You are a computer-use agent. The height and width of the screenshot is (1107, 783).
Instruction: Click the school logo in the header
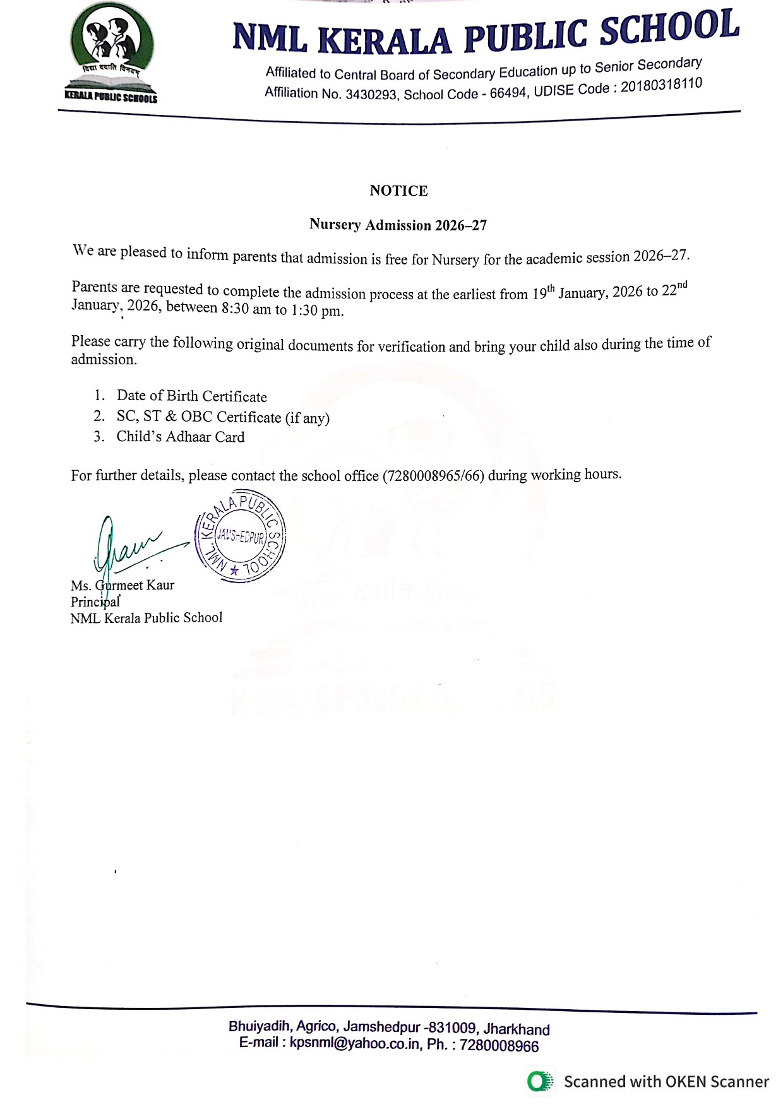click(x=112, y=54)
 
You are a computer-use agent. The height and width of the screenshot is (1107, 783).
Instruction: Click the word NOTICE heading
click(x=398, y=191)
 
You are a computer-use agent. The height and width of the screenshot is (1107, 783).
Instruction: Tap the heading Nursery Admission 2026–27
click(x=398, y=225)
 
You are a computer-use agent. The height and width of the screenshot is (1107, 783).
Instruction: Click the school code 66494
click(x=508, y=93)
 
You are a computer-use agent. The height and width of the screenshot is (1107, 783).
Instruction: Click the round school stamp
click(x=241, y=536)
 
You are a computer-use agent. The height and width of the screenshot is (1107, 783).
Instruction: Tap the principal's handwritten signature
click(x=129, y=546)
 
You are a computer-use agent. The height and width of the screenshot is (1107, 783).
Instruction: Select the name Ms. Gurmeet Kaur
click(x=123, y=585)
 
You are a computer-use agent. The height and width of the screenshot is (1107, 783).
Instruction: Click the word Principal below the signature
click(x=95, y=601)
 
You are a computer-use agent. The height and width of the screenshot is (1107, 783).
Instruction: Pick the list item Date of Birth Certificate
click(x=191, y=396)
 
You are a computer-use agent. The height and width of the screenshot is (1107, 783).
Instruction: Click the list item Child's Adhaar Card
click(x=180, y=437)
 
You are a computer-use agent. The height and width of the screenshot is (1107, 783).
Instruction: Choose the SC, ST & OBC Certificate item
click(x=223, y=417)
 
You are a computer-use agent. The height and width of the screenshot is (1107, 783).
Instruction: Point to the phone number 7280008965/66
click(x=434, y=476)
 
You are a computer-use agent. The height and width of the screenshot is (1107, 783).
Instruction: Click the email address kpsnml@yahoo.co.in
click(x=355, y=1043)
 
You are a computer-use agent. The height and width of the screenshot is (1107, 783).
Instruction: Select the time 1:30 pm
click(x=317, y=311)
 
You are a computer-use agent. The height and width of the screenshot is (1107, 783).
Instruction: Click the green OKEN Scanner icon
click(x=540, y=1081)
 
